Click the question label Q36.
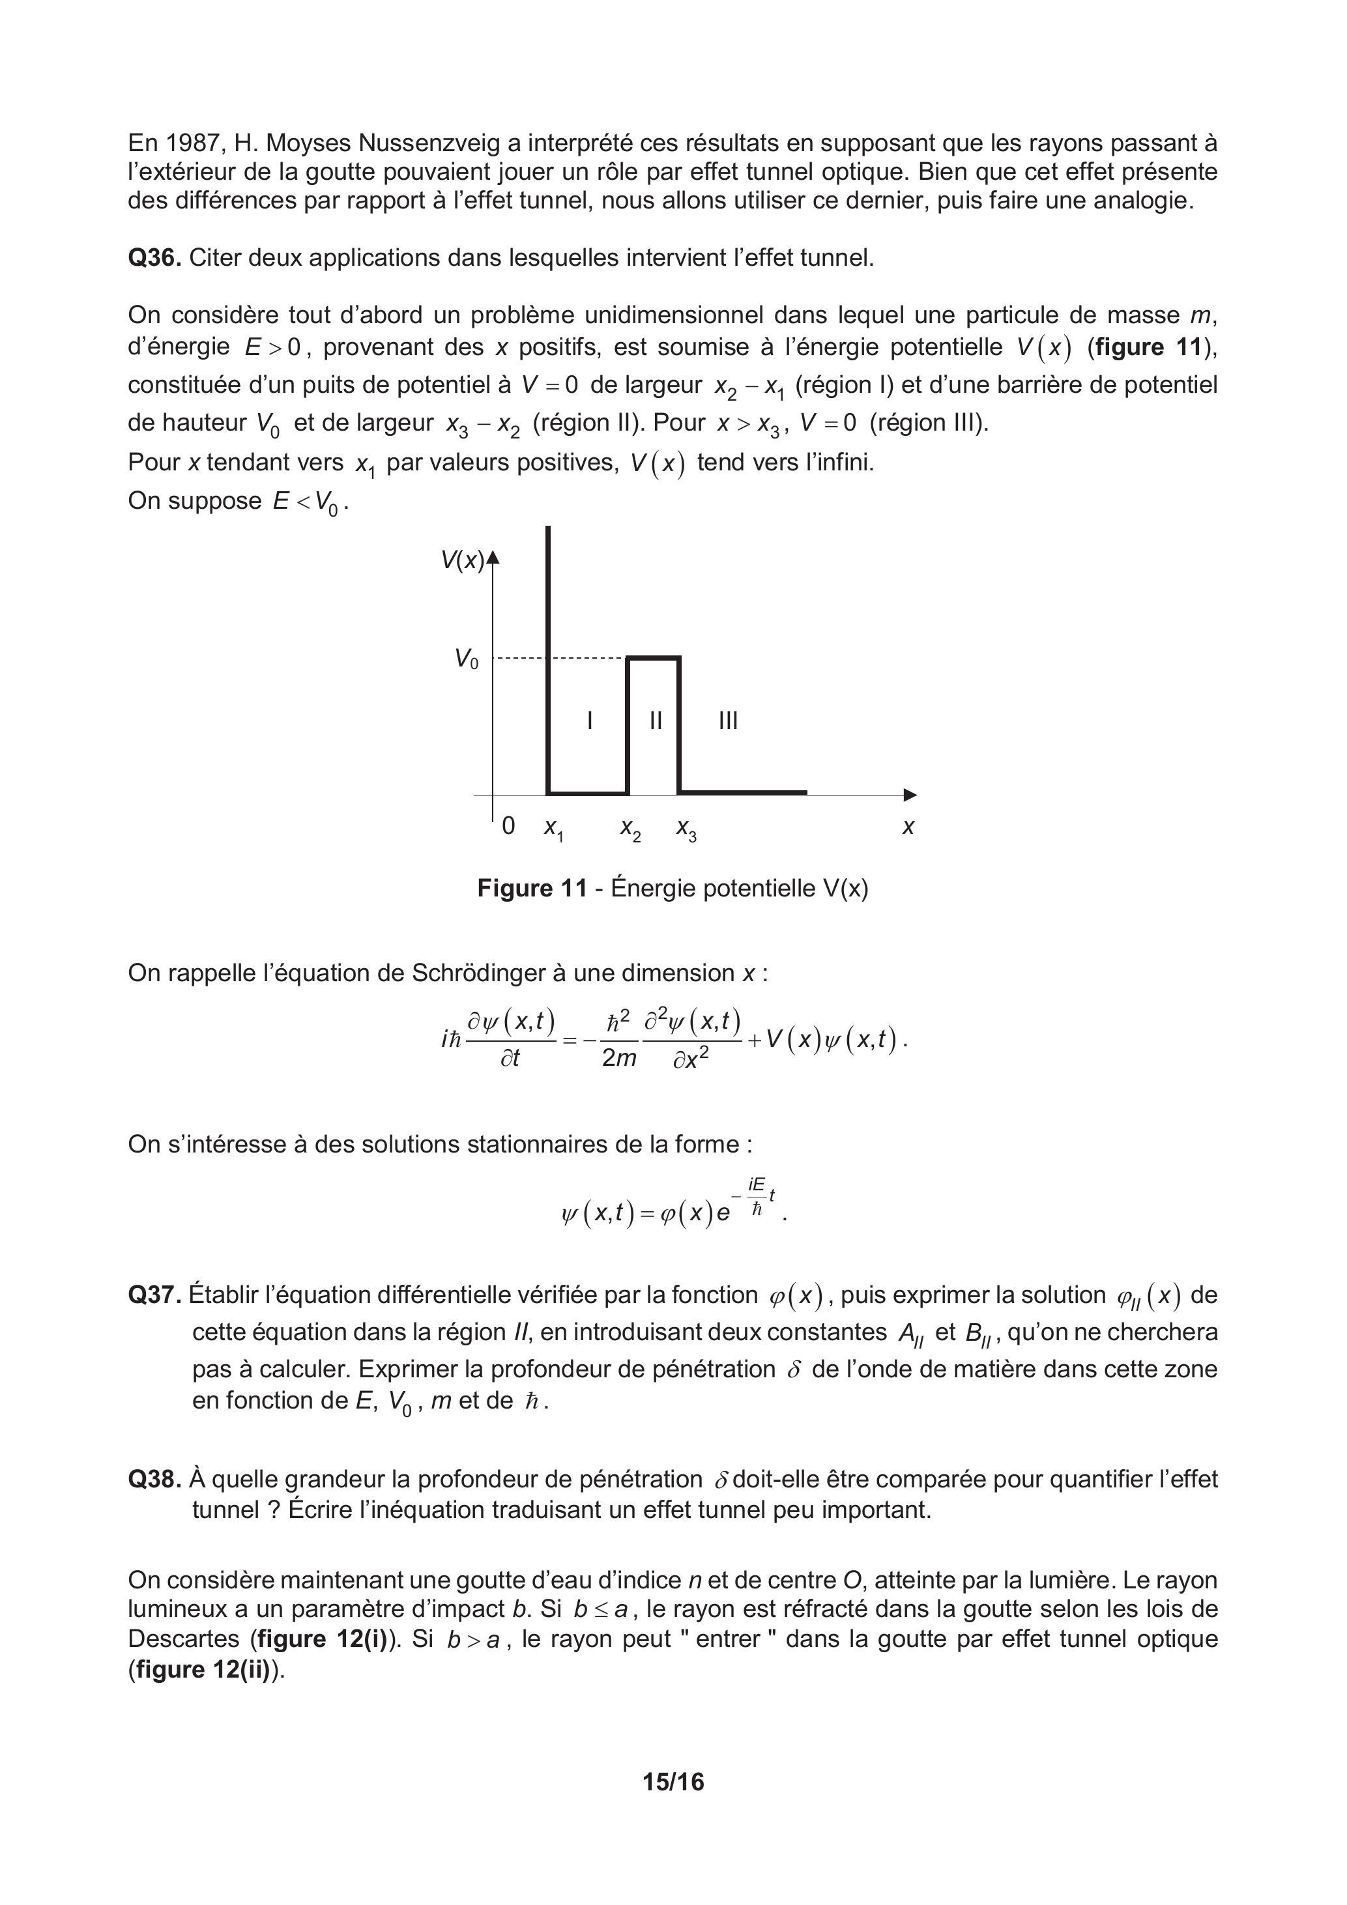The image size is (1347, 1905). pos(154,258)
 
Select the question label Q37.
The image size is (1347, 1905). pos(154,1295)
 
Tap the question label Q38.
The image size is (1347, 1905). pos(154,1480)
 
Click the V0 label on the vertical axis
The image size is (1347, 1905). pos(467,659)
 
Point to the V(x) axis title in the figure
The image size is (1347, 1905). pos(462,561)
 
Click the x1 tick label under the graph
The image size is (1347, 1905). pos(553,828)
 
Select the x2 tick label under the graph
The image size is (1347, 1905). pos(631,828)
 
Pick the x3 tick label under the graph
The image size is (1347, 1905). pos(686,828)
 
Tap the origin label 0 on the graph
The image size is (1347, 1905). pos(509,825)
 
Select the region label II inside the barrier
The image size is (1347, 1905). pos(656,720)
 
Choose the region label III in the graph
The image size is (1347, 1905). pos(728,720)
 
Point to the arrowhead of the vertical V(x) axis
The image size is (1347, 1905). pos(494,558)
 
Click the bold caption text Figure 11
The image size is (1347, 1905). pos(532,889)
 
